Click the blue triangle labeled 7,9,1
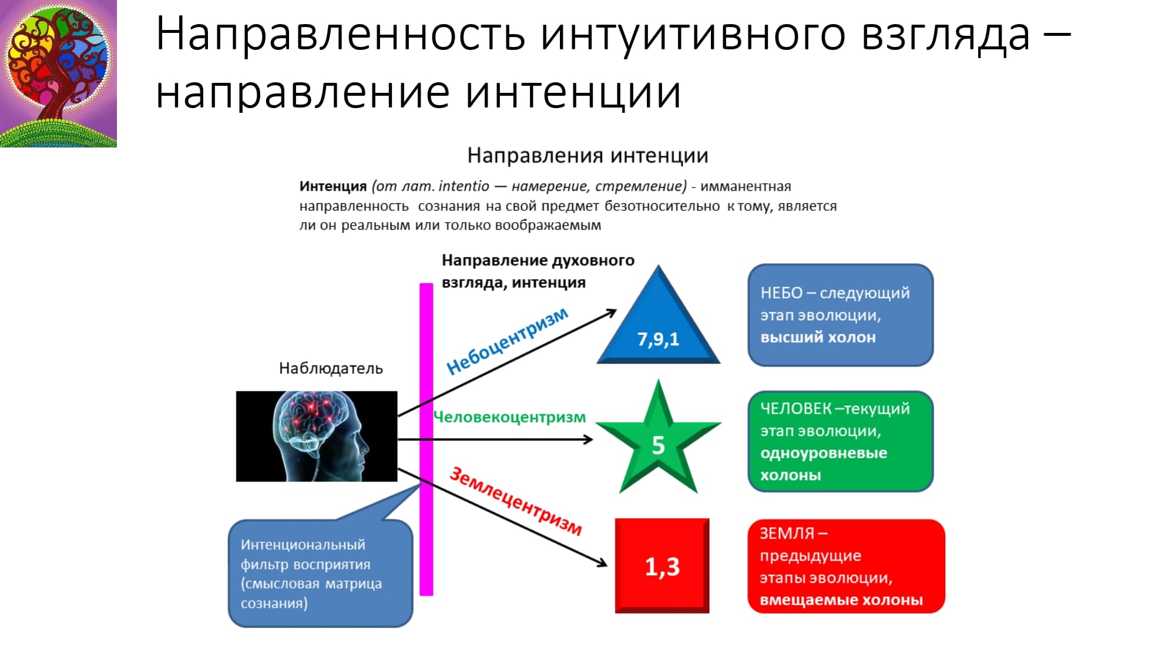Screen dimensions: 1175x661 point(658,329)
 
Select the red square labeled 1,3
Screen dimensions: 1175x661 point(662,566)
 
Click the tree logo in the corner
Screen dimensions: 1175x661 point(58,73)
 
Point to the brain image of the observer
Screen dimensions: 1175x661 point(317,437)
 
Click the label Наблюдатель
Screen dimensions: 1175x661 point(331,368)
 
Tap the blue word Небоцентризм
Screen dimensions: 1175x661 point(508,341)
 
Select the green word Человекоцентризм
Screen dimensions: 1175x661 point(509,417)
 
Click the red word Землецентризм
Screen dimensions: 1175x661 point(516,501)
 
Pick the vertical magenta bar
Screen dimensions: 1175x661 point(427,439)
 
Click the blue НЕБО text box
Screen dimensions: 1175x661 point(840,315)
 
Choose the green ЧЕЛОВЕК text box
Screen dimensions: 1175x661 point(840,441)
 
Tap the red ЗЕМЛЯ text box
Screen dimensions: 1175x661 point(846,566)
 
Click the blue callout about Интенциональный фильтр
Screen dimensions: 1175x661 point(320,573)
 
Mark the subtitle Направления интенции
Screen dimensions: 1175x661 point(587,156)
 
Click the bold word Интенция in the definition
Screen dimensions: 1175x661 point(333,186)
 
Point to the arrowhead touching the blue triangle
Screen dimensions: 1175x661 point(611,313)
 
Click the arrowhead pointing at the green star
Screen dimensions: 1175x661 point(587,439)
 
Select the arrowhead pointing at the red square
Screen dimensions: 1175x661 point(602,563)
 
